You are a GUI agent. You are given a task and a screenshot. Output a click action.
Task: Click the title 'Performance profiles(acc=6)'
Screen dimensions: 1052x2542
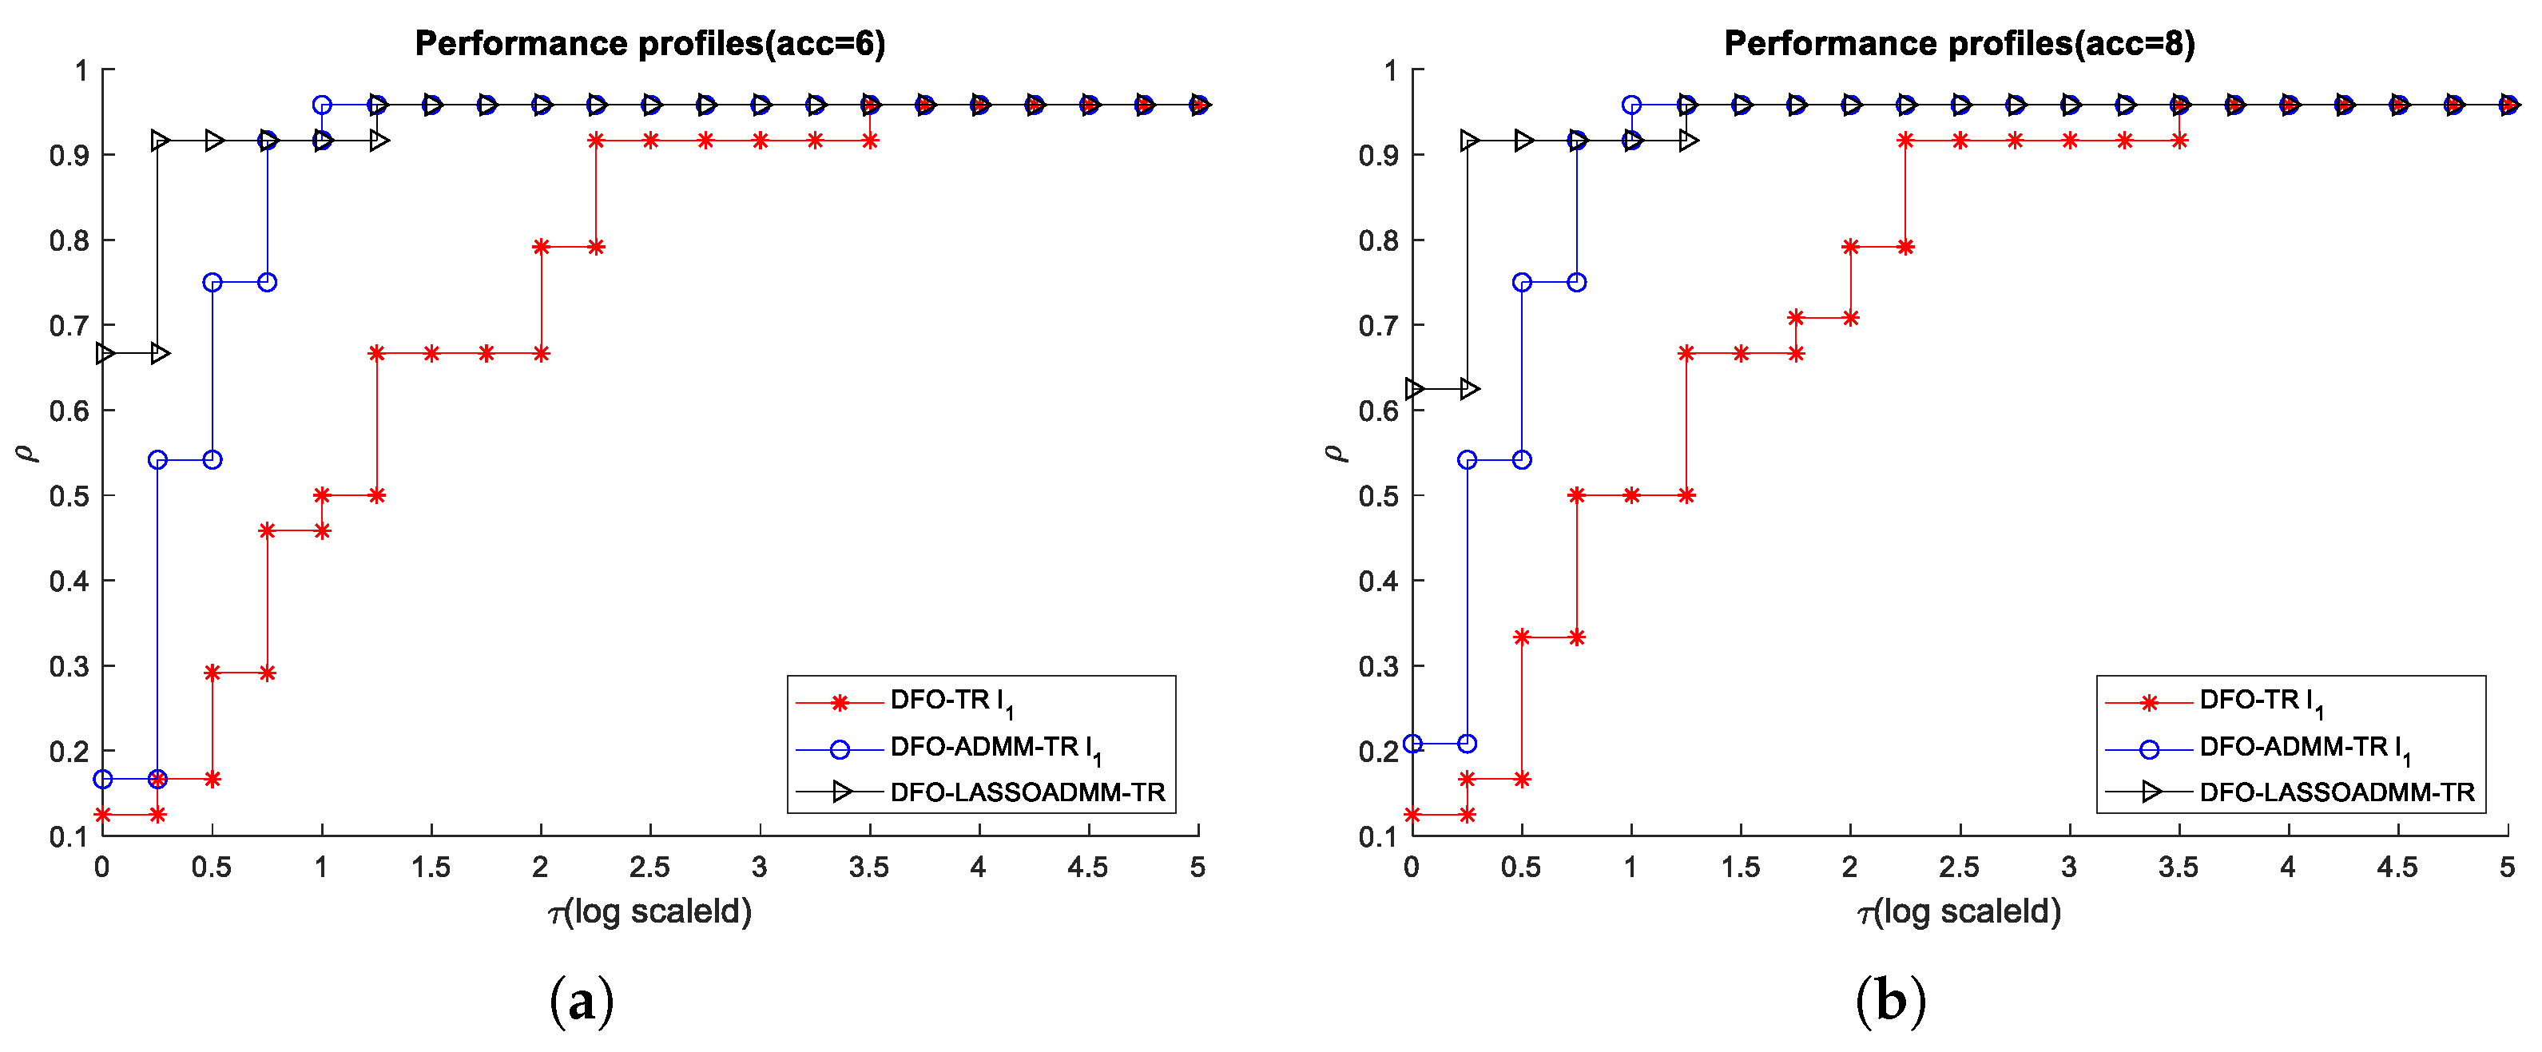649,43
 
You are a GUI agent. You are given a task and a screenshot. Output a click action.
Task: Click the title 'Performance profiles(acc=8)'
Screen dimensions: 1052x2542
1959,43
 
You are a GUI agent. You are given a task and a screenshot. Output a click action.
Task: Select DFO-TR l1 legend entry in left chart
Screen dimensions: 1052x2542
951,701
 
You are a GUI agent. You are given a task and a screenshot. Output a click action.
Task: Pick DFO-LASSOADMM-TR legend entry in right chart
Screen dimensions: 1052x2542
2336,792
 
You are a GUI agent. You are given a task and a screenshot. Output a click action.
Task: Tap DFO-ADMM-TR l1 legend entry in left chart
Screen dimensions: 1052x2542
995,748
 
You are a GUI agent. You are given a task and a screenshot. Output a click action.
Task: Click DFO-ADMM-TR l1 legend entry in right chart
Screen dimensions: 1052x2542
2304,748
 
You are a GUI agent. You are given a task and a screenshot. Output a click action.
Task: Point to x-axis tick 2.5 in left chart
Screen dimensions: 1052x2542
649,867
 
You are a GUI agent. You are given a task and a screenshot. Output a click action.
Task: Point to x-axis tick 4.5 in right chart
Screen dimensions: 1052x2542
2397,867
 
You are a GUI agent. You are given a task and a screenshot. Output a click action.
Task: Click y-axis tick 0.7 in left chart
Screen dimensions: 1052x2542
69,326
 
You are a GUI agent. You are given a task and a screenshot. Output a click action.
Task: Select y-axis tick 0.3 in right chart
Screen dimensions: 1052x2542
1379,666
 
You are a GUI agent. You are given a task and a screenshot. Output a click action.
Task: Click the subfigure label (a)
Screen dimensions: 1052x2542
582,1001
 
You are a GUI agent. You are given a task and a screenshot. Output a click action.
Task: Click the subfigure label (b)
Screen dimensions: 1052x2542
1891,1001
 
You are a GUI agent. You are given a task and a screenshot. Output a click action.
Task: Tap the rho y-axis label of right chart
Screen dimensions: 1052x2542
1334,453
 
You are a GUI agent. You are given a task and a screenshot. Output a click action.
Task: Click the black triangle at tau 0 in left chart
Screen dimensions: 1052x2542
105,353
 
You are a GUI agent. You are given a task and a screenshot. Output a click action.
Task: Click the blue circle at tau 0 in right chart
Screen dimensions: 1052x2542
1412,743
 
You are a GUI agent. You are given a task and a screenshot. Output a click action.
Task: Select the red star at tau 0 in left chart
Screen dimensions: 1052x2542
102,814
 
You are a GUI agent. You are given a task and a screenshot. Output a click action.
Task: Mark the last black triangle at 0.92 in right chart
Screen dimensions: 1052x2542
1689,140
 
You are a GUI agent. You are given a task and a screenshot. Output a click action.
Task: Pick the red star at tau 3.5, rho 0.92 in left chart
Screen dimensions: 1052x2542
869,140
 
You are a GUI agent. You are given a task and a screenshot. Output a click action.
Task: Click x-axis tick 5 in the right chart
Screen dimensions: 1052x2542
2507,867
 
